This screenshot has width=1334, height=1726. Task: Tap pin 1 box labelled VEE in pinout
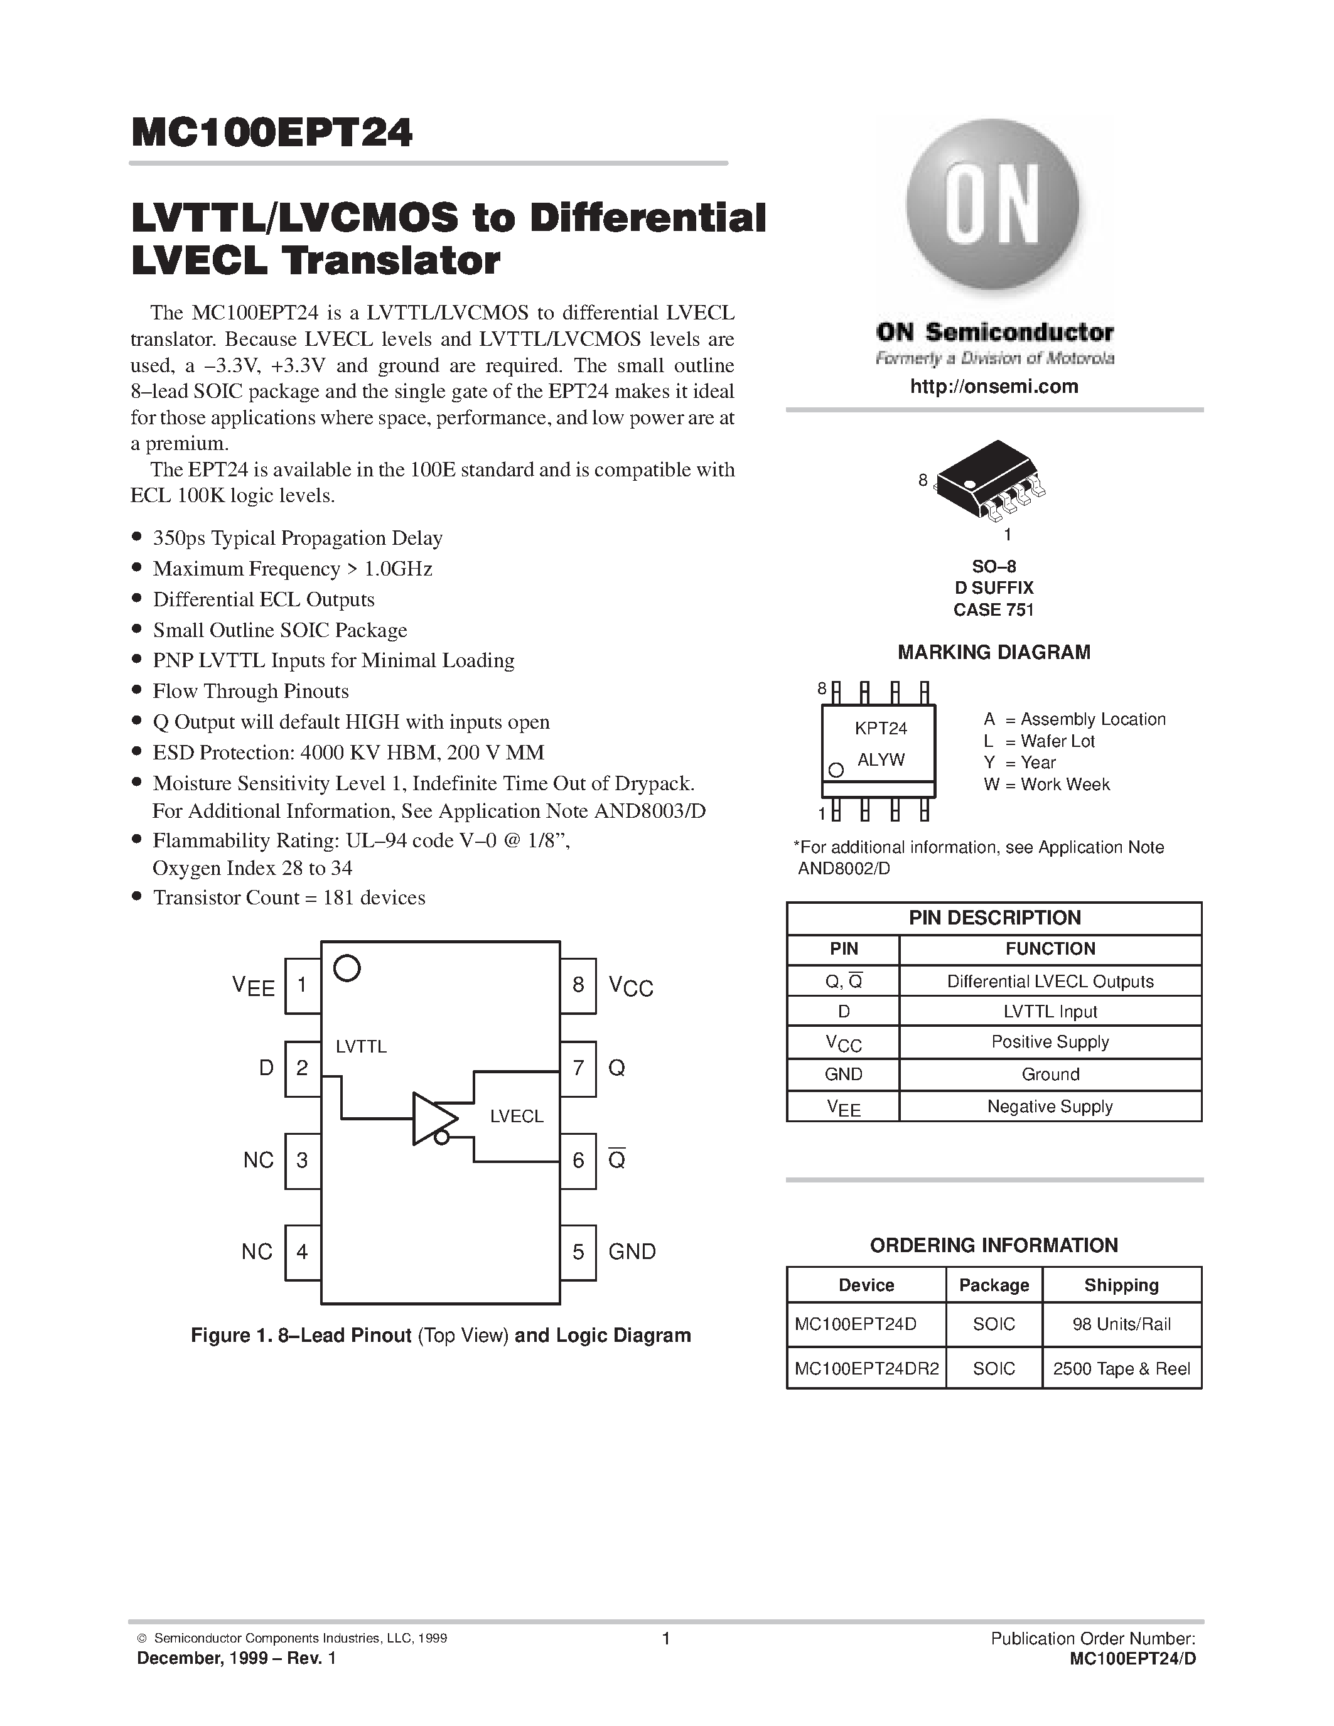click(302, 985)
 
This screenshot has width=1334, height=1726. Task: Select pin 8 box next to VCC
click(578, 985)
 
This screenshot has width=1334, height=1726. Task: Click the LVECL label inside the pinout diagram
click(516, 1116)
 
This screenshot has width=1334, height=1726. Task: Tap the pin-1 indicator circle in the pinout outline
click(347, 968)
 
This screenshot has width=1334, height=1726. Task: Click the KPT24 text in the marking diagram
click(880, 728)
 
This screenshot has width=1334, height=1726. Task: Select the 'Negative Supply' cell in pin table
click(1050, 1107)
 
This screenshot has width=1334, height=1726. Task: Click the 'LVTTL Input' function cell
click(1050, 1012)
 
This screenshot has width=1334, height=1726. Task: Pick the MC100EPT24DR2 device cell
click(866, 1369)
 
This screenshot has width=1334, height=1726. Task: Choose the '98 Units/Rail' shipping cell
click(1121, 1324)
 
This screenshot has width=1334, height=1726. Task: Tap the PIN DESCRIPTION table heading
click(994, 918)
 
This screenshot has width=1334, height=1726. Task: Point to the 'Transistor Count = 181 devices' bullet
click(288, 898)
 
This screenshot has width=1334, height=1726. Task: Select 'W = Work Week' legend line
click(1046, 785)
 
